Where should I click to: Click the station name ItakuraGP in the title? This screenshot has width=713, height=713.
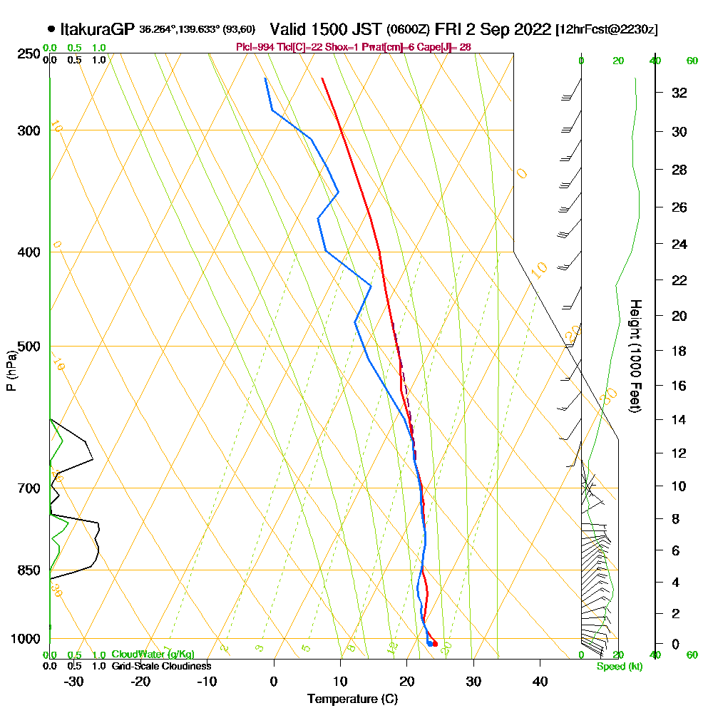coord(97,29)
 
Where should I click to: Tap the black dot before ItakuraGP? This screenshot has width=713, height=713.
coord(51,29)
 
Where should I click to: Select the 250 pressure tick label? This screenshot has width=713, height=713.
coord(27,53)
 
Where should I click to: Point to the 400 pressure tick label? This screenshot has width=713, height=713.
coord(27,252)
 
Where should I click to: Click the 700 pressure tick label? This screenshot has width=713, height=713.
coord(27,488)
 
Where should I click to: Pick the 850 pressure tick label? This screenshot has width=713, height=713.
coord(27,570)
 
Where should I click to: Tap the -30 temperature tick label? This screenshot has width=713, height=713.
coord(74,681)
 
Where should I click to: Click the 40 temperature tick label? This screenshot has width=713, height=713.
coord(540,681)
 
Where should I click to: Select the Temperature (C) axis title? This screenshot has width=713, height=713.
coord(352,699)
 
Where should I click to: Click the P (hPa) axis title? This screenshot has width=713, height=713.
coord(11,370)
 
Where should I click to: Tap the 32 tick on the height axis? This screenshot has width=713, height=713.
coord(679,93)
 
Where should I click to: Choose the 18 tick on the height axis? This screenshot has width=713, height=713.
coord(679,351)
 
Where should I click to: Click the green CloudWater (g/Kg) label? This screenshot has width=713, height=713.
coord(153,655)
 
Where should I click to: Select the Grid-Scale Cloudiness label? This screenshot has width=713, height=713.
coord(161,666)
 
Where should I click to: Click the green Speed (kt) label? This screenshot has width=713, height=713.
coord(618,667)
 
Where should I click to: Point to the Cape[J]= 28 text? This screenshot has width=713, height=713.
coord(447,47)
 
